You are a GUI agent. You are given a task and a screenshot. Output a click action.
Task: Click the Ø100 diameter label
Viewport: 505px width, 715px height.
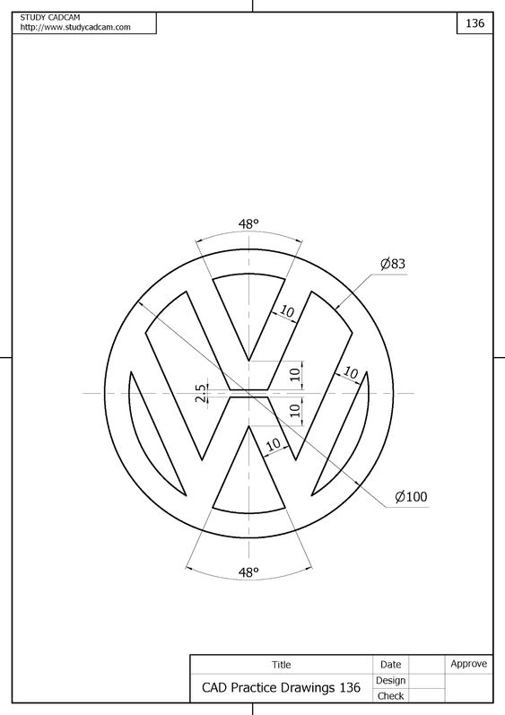411,497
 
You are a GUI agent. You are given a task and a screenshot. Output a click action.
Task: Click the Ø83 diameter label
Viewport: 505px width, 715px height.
393,264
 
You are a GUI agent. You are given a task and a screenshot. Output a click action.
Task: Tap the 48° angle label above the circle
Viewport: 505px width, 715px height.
248,224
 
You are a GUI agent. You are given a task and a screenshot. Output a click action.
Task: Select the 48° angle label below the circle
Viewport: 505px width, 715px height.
248,571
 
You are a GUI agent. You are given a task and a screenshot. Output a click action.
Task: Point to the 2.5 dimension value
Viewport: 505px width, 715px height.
201,393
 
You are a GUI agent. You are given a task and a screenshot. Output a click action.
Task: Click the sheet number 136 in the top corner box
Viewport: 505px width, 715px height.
475,22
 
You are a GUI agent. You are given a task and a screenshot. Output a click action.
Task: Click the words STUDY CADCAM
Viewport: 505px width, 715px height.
50,17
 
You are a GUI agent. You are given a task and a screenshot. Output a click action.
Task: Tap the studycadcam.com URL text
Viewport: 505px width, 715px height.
75,27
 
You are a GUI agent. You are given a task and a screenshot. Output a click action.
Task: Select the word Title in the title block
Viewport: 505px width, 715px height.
282,665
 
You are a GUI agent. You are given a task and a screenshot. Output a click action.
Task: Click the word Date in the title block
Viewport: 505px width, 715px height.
390,665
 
